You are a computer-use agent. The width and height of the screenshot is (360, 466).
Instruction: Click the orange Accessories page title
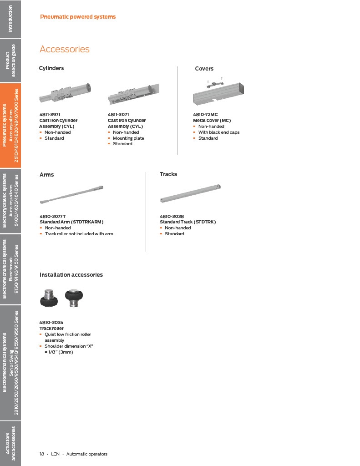65,49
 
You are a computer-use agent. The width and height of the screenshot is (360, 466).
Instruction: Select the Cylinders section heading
51,68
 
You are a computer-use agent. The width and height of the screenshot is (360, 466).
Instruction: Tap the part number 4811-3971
50,114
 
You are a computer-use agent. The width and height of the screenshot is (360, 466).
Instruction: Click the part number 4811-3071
118,114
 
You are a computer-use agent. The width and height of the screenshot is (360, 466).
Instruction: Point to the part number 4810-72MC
205,114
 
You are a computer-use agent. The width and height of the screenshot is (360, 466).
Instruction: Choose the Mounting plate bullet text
128,138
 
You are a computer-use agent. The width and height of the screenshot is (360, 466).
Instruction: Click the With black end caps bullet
219,132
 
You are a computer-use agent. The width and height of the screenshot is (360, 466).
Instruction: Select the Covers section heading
204,69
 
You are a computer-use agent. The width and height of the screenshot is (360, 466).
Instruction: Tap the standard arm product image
71,195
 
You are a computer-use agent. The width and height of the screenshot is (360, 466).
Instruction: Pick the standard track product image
191,193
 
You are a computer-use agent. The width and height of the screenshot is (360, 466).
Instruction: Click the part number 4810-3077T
53,216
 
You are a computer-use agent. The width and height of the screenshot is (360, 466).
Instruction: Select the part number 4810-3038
172,216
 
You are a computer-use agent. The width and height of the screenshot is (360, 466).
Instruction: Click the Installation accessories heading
71,275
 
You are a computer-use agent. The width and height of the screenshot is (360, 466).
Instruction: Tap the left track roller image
49,298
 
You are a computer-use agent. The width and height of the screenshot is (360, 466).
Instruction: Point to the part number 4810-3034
51,323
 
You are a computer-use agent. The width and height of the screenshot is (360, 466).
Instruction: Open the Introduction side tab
10,19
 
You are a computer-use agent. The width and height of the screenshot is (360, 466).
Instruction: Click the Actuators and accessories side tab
10,443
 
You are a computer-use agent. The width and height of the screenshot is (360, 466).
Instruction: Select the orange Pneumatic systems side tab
10,126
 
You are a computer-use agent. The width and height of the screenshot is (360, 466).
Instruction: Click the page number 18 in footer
41,454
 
